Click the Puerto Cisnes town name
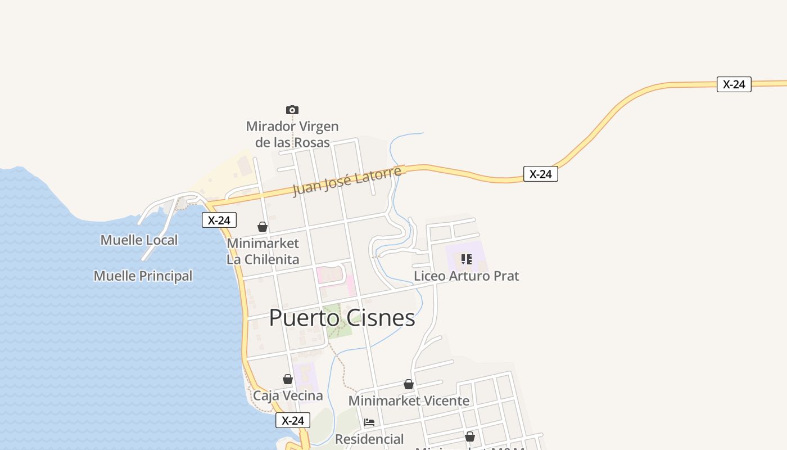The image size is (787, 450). [342, 318]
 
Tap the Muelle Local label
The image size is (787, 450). [139, 240]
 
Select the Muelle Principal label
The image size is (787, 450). [143, 276]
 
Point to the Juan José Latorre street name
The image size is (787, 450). [347, 181]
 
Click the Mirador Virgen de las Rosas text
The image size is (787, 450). [292, 134]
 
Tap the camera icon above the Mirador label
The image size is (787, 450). [292, 110]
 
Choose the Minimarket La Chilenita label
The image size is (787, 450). [263, 251]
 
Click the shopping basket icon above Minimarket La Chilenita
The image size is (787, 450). [263, 227]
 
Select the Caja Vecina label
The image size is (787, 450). [288, 395]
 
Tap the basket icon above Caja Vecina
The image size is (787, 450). [288, 379]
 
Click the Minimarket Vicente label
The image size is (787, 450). [409, 401]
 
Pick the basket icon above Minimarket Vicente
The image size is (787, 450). [409, 385]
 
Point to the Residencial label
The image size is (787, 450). [369, 439]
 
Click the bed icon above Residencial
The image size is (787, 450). [369, 422]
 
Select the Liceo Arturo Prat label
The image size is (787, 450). [467, 276]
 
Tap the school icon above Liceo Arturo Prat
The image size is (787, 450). [466, 259]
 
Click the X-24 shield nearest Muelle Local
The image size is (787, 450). [219, 220]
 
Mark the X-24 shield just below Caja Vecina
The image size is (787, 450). [292, 420]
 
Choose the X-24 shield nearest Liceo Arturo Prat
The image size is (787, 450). [540, 174]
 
